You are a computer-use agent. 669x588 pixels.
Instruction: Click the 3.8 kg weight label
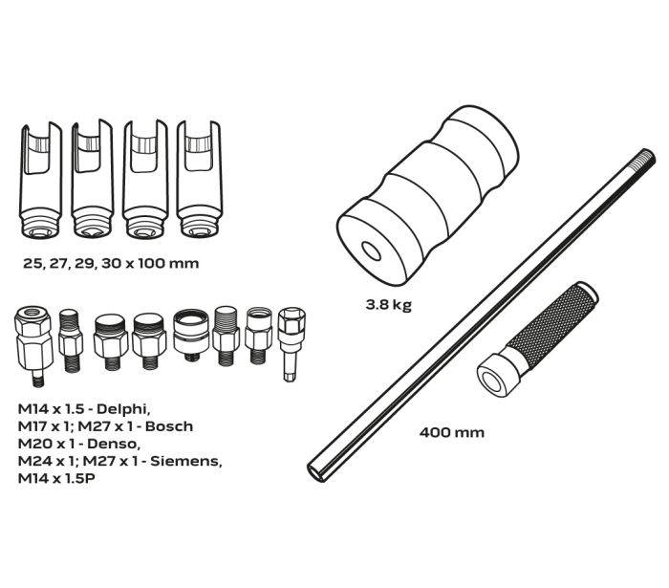coord(388,305)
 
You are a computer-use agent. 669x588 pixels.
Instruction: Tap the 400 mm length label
coord(452,433)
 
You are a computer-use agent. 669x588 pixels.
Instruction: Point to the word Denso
coord(114,444)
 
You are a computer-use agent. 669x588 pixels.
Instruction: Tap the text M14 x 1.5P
coord(56,478)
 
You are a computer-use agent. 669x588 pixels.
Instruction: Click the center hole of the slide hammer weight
coord(371,250)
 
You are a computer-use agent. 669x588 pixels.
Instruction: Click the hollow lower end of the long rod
coord(318,471)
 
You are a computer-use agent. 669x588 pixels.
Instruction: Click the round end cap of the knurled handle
coord(494,377)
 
